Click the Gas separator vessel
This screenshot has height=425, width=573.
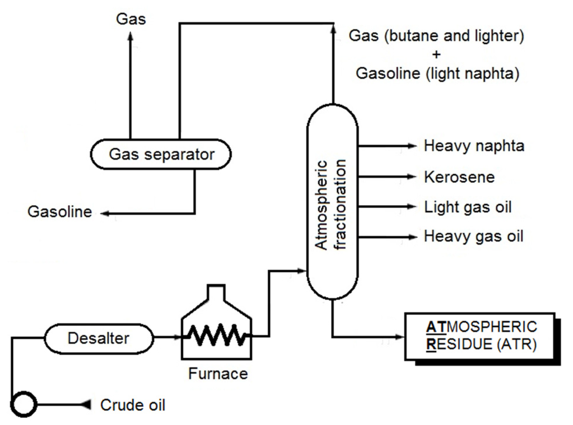coord(161,154)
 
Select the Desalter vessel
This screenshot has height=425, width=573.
coord(99,338)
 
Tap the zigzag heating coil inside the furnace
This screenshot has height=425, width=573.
coord(216,335)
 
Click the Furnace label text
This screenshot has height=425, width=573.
coord(218,373)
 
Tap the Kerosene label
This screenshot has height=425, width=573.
coord(459,177)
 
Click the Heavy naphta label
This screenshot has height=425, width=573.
coord(474,146)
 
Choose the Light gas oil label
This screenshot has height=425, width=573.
coord(467,207)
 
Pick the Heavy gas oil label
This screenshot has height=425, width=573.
coord(473,236)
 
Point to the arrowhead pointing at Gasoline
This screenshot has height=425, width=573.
coord(104,213)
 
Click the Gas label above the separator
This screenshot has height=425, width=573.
coord(131,19)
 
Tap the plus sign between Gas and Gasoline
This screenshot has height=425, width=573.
coord(436,54)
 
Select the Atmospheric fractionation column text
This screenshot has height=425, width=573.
coord(331,204)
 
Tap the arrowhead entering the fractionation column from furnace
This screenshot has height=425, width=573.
coord(301,271)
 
